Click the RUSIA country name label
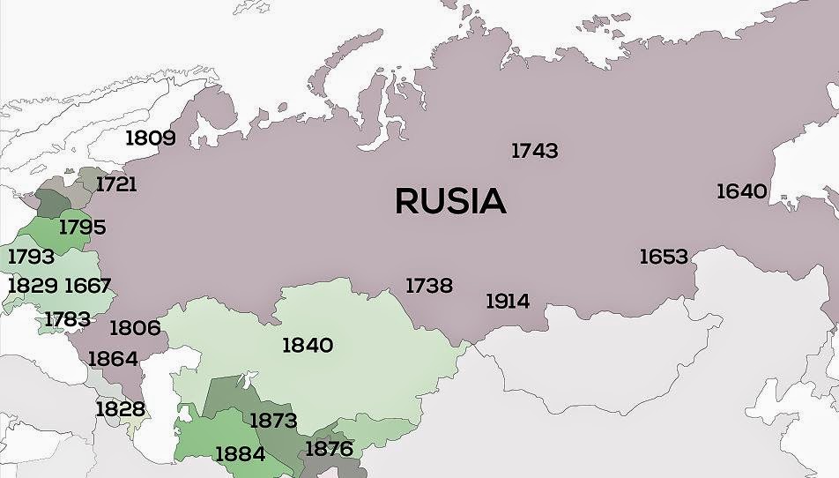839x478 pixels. tap(450, 201)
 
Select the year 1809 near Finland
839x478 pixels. tap(150, 138)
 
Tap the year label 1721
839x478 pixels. tap(116, 184)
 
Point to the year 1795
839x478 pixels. tap(82, 227)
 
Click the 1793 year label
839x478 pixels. tap(31, 257)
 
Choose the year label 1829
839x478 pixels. tap(33, 285)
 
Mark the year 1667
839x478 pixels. tap(87, 285)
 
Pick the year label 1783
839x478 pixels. tap(67, 318)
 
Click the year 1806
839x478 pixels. tap(135, 328)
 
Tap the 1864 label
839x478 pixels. tap(112, 358)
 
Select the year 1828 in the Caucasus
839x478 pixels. tap(120, 408)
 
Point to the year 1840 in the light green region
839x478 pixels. tap(308, 345)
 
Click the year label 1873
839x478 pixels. tap(273, 420)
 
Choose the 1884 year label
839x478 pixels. tap(240, 454)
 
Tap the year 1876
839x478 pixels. tap(329, 448)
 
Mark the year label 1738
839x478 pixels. tap(428, 285)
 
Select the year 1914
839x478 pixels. tap(508, 301)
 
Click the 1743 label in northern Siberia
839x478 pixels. tap(534, 151)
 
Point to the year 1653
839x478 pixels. tap(663, 256)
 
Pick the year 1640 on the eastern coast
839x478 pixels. tap(741, 190)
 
